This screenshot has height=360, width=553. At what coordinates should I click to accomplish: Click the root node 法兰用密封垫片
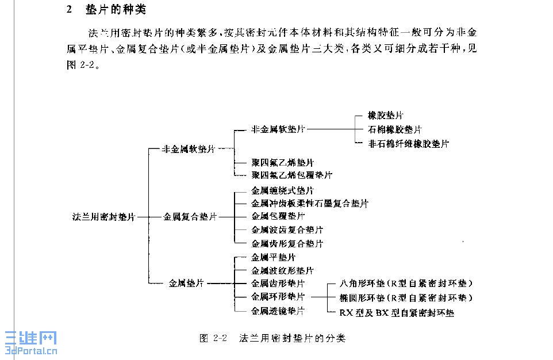(103, 217)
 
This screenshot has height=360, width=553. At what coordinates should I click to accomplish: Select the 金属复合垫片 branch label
(190, 217)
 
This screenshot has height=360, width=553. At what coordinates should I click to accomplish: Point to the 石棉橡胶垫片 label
(394, 129)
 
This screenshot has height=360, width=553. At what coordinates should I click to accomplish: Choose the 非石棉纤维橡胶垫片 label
(409, 143)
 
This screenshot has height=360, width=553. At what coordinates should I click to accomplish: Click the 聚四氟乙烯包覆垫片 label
(291, 175)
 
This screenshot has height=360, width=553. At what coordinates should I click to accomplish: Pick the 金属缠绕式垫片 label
(283, 190)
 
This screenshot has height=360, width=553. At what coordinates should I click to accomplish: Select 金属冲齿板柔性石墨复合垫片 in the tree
(310, 204)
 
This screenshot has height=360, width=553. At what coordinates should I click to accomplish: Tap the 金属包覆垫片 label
(278, 216)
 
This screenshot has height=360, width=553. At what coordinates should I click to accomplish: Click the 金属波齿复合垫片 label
(287, 229)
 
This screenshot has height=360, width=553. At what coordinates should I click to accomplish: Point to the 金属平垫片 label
(274, 257)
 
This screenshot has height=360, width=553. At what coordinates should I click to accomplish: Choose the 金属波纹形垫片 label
(283, 270)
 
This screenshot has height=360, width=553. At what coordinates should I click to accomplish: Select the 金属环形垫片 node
(278, 297)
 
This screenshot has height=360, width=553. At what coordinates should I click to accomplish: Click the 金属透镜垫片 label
(278, 311)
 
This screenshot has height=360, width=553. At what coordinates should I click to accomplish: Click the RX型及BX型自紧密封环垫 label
(397, 313)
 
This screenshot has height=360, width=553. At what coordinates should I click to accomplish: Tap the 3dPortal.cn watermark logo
(31, 343)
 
